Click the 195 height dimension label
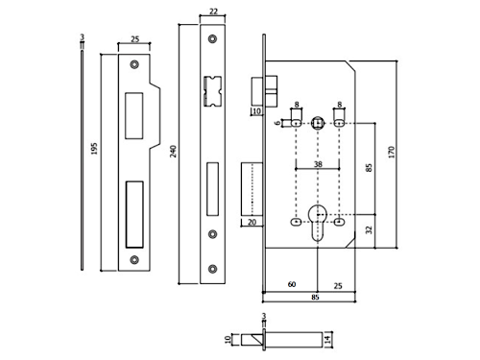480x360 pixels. tap(94, 149)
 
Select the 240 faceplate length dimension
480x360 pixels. tap(173, 152)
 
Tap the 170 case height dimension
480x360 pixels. tap(391, 152)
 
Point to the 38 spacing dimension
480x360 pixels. tap(318, 164)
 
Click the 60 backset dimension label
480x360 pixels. tap(292, 284)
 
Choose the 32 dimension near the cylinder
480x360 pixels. tap(369, 229)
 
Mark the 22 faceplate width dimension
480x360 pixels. tap(213, 12)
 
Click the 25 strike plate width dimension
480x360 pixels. tap(135, 39)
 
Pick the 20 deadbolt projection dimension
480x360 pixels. tap(252, 222)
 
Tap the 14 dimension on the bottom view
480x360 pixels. tap(327, 340)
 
